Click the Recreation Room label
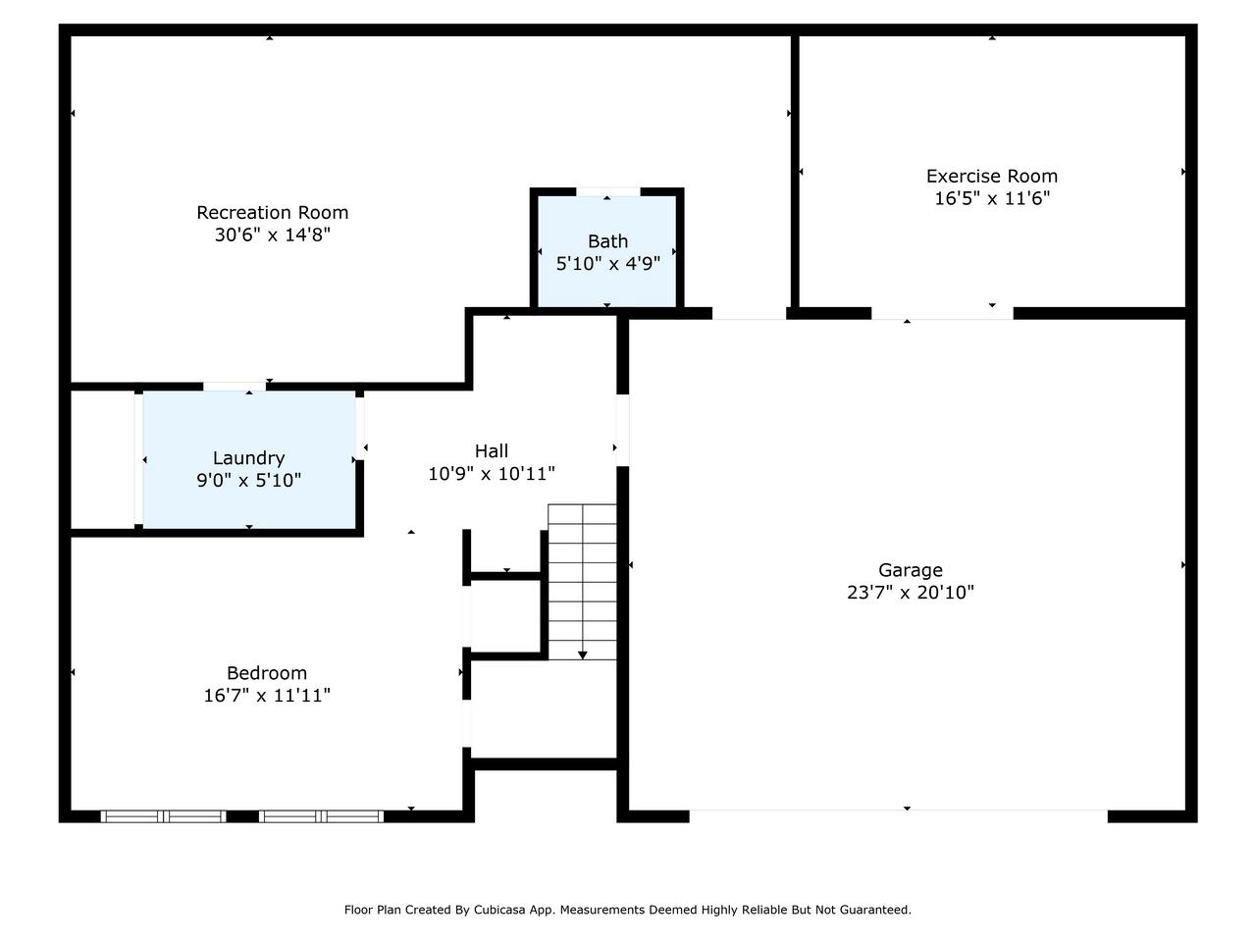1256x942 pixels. coord(272,213)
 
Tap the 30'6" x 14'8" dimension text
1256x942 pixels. coord(272,235)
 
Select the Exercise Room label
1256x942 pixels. coord(991,177)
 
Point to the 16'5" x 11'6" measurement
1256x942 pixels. coord(991,199)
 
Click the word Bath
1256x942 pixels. coord(607,241)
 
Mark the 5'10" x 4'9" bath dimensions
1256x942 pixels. coord(607,264)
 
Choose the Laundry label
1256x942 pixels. coord(248,458)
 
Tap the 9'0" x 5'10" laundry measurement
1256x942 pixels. coord(248,481)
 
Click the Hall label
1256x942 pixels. coord(491,451)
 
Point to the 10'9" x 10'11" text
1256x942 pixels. coord(491,474)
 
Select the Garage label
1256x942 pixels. coord(910,570)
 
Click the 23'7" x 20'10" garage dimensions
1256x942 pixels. coord(910,593)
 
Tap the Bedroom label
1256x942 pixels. coord(267,673)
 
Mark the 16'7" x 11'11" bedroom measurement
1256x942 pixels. coord(267,696)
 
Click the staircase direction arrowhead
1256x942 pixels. coord(583,654)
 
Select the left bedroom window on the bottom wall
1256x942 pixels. coord(164,816)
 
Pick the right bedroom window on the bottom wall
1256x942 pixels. coord(321,816)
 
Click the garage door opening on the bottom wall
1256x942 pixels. coord(898,811)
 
